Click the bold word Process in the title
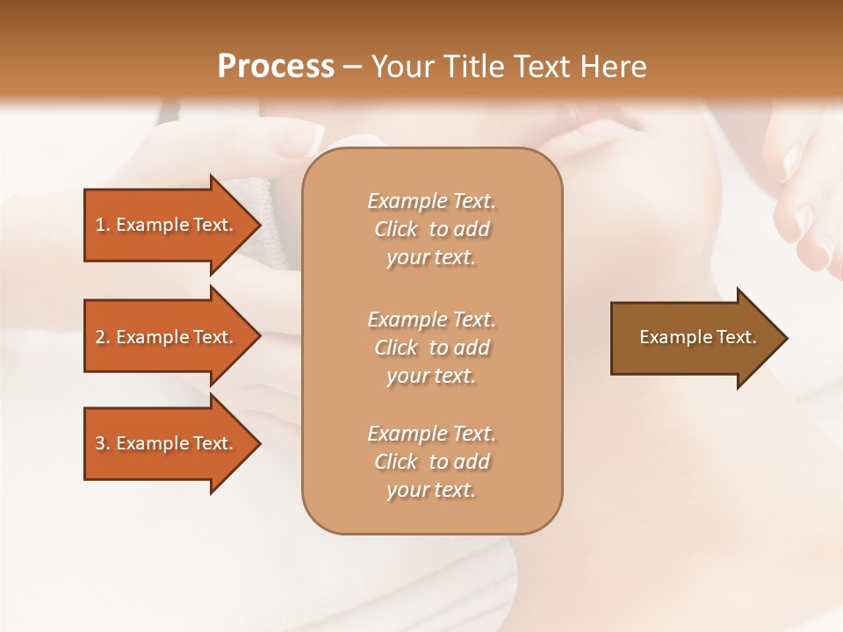(276, 67)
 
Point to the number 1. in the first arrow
(103, 225)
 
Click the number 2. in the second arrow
(103, 337)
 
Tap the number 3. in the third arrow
(103, 443)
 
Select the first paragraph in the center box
(431, 229)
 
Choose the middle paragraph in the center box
(431, 348)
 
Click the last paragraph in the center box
(431, 462)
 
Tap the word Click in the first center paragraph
(396, 229)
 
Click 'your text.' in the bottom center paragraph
(431, 490)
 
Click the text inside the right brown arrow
(697, 337)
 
